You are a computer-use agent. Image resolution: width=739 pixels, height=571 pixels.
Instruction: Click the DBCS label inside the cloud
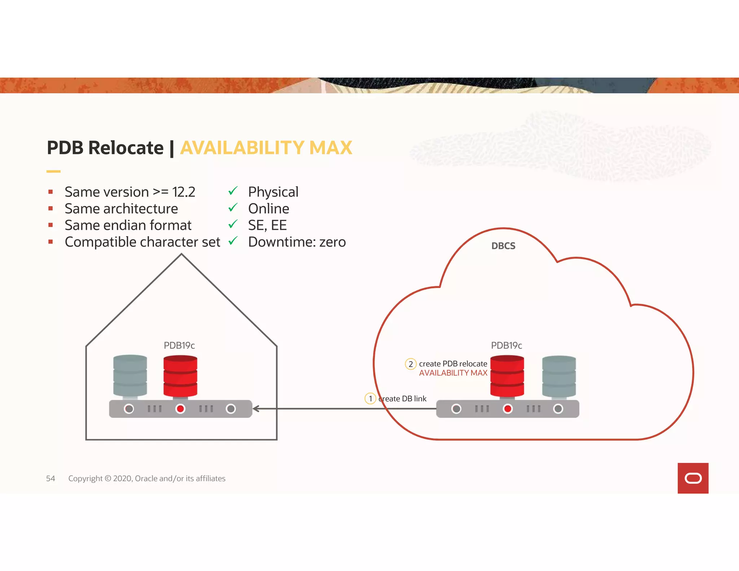tap(503, 246)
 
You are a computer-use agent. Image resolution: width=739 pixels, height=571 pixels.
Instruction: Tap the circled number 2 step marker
tap(411, 364)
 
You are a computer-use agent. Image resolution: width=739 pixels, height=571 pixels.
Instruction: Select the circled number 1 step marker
tap(370, 398)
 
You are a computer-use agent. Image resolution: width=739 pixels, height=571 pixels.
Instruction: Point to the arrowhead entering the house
tap(256, 409)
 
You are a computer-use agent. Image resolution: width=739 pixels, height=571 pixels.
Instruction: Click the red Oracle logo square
tap(693, 478)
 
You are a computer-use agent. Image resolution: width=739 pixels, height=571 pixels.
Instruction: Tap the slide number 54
tap(51, 478)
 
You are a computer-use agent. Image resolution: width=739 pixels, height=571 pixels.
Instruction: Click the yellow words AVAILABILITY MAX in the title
tap(266, 148)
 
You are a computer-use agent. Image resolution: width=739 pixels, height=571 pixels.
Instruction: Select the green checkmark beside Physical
tap(233, 191)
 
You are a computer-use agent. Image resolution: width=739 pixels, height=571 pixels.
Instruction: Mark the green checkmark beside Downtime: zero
tap(233, 240)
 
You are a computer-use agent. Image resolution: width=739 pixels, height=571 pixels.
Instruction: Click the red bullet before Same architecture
tap(51, 208)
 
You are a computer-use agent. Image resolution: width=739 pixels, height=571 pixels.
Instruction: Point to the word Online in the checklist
tap(268, 209)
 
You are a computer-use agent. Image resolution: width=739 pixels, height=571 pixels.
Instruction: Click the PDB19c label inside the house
tap(179, 345)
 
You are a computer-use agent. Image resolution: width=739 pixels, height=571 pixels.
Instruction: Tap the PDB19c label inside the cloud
tap(506, 345)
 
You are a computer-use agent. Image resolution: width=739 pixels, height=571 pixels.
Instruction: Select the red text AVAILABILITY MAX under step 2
tap(453, 373)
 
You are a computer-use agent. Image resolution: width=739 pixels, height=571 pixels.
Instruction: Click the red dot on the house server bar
tap(180, 409)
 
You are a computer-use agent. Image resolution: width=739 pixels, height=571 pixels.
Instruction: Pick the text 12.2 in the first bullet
tap(184, 192)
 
